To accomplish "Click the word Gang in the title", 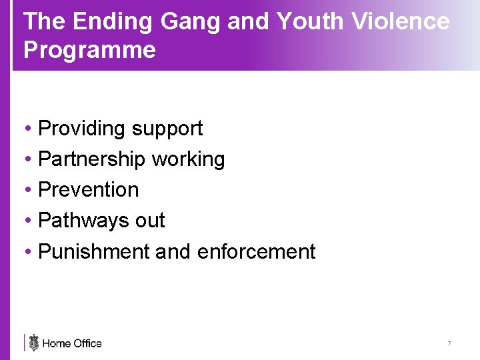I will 191,23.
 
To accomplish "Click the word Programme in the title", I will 90,51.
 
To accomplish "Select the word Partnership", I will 92,159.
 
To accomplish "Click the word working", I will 189,159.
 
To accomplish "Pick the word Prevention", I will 89,190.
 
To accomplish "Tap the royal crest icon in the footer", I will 34,343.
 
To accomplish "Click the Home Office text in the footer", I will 72,343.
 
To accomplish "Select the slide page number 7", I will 449,343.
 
